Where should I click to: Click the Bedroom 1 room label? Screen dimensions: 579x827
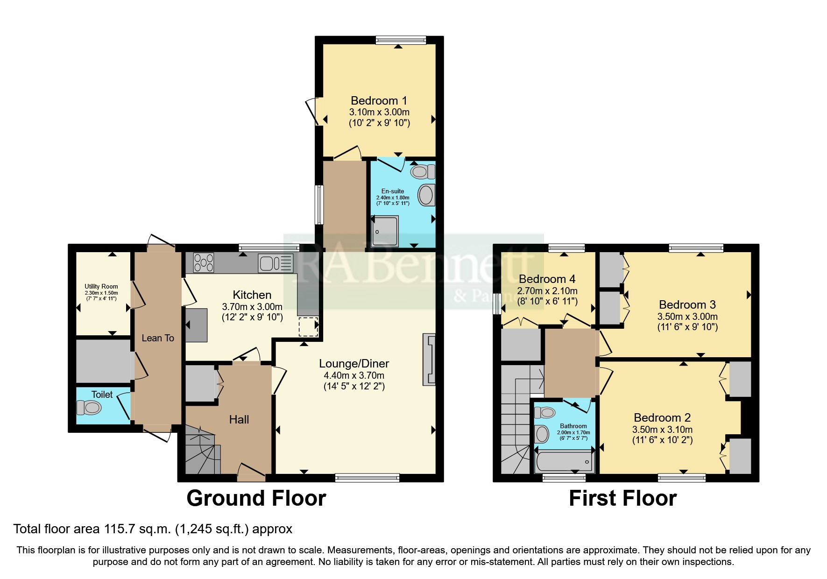(379, 100)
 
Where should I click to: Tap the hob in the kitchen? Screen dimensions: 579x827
(204, 262)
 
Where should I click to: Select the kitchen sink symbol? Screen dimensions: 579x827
(276, 263)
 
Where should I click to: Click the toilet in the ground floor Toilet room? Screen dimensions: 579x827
(89, 409)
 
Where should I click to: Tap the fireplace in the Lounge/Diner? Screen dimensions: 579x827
(429, 359)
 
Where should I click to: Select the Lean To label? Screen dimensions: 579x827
(158, 338)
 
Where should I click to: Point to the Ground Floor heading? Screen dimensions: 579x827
(256, 498)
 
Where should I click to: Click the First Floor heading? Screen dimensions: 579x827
(622, 498)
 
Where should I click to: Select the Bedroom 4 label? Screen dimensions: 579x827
(547, 279)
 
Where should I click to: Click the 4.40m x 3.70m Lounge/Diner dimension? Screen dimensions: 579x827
(354, 375)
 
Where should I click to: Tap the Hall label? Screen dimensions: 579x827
(239, 419)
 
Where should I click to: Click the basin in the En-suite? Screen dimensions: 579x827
(426, 195)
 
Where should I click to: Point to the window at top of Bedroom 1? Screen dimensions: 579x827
(401, 41)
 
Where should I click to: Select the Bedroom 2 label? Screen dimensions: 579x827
(662, 417)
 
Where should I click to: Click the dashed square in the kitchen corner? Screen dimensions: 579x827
(308, 326)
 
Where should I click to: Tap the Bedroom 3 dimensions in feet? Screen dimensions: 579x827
(687, 327)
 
